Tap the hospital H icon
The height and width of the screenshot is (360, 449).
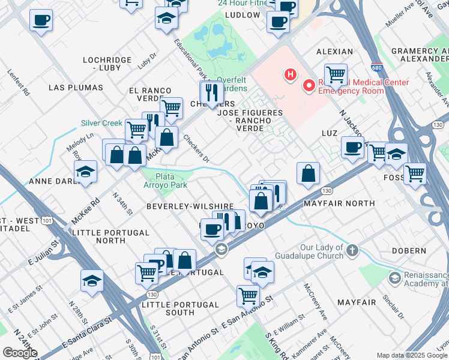291,75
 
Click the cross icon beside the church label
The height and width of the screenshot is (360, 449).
352,250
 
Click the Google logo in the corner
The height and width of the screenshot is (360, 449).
20,353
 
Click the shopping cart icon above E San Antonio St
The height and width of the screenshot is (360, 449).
247,295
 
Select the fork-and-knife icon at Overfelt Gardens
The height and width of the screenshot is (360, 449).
210,92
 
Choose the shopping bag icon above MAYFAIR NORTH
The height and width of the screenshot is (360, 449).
308,173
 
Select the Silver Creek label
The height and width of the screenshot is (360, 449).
102,123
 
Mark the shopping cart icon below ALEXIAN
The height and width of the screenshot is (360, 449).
336,74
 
